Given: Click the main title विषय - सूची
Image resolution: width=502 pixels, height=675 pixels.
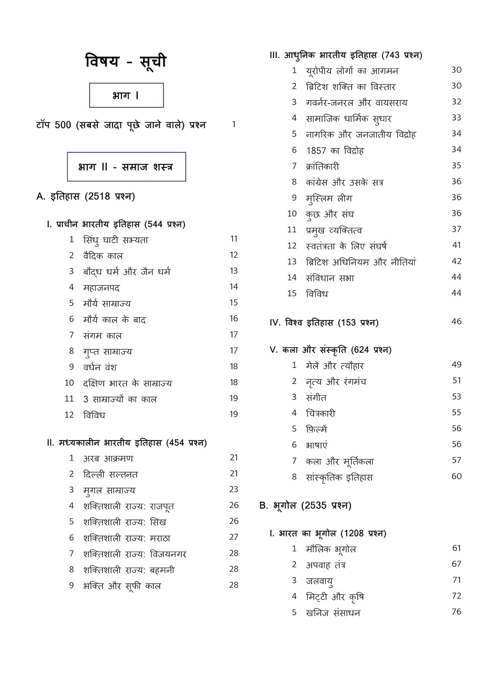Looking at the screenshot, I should coord(126,61).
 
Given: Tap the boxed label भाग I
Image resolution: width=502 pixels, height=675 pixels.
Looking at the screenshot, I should coord(126,95).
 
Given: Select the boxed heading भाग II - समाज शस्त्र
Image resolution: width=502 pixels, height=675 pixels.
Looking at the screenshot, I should coord(126,167).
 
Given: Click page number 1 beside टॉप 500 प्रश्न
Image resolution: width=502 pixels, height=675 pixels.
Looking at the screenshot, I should coord(233,125).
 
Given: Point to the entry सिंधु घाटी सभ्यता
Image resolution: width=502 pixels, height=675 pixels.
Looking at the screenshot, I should coord(116,240).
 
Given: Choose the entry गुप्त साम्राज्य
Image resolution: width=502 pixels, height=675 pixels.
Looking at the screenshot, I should coord(108,351).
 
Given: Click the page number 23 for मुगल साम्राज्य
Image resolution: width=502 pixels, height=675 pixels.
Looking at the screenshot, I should coord(234,490).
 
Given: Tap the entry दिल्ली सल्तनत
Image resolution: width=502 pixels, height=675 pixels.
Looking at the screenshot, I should coord(110,474).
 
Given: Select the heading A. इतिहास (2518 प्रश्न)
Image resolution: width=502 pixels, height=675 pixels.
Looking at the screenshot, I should coord(85,197).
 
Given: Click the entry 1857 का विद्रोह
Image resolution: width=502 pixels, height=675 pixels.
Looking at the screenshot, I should coord(335,150).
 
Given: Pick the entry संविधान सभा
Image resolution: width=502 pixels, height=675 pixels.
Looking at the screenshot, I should coord(330,278).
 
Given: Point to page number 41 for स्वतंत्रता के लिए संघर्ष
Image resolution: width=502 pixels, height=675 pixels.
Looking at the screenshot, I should coord(457,245).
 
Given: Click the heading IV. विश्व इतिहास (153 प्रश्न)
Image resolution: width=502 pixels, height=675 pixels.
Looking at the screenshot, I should coord(324,323).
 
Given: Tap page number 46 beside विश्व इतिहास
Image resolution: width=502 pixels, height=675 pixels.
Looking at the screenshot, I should coord(457,322).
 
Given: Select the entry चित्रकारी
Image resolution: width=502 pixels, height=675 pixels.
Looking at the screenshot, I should coord(320,413).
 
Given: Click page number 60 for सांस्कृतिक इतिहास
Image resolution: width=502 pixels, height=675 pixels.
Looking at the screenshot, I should coord(457,477).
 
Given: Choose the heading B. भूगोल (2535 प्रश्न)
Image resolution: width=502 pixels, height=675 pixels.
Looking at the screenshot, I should coord(305,506).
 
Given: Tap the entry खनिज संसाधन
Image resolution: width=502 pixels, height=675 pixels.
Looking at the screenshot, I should coord(333,612).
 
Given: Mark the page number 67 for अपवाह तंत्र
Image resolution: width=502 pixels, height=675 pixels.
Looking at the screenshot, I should coord(457,564).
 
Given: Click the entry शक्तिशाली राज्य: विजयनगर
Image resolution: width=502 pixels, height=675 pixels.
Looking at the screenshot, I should coord(134,554).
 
